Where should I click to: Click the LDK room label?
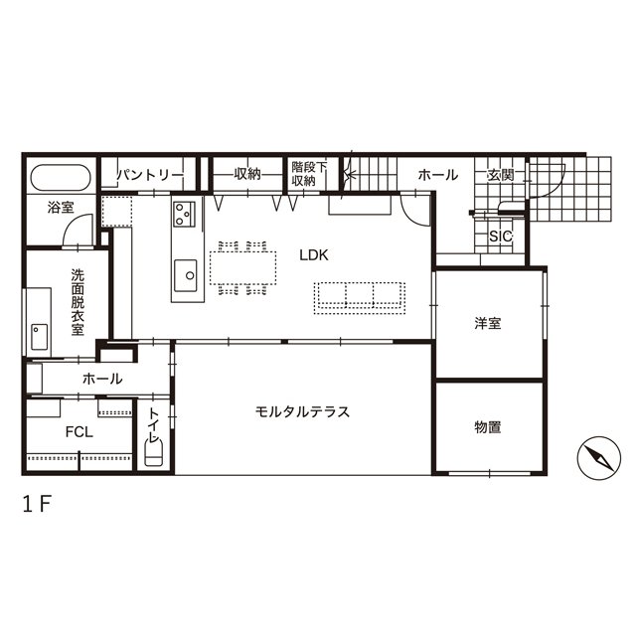pyautogui.click(x=314, y=254)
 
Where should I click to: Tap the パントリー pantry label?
pyautogui.click(x=150, y=175)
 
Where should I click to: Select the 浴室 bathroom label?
pyautogui.click(x=61, y=208)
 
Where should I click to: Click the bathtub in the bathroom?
pyautogui.click(x=61, y=179)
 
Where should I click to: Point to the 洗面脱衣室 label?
pyautogui.click(x=78, y=301)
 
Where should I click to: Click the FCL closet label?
pyautogui.click(x=79, y=431)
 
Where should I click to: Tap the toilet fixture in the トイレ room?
pyautogui.click(x=153, y=453)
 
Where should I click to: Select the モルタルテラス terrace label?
pyautogui.click(x=302, y=411)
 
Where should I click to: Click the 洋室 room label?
pyautogui.click(x=487, y=323)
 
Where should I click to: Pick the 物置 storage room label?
pyautogui.click(x=487, y=427)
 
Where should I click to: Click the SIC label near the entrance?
pyautogui.click(x=500, y=237)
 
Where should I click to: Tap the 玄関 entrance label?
pyautogui.click(x=500, y=175)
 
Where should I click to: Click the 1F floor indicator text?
pyautogui.click(x=37, y=503)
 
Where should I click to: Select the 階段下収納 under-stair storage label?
pyautogui.click(x=303, y=174)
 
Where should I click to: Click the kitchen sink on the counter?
pyautogui.click(x=187, y=274)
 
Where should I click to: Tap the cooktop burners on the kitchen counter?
pyautogui.click(x=185, y=213)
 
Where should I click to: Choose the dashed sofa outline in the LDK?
pyautogui.click(x=359, y=296)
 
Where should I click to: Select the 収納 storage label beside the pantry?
pyautogui.click(x=247, y=175)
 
